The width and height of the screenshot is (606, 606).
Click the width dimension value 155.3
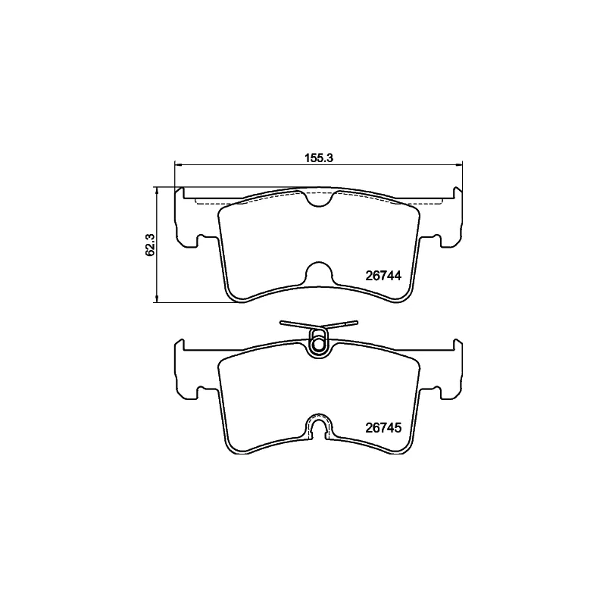(318, 158)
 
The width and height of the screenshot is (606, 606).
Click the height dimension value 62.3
(150, 245)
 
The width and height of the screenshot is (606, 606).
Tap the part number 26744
(383, 276)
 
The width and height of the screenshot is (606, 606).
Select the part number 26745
(383, 428)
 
